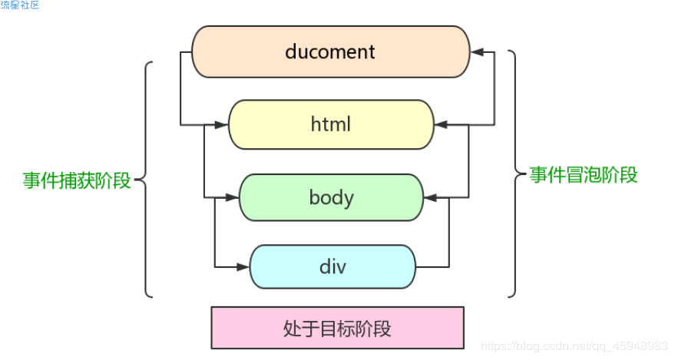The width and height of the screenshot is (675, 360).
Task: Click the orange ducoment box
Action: coord(331,51)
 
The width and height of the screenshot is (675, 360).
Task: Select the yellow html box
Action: coord(331,124)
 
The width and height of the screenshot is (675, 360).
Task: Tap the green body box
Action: coord(331,197)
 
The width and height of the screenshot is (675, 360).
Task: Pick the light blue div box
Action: coord(333,266)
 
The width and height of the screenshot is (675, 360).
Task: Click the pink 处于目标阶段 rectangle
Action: coord(338,328)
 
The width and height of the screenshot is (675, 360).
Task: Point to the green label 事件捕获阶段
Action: coord(77,180)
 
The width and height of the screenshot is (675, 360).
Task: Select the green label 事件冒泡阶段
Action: coord(584,175)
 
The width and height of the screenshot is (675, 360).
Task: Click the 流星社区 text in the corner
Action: coord(20,5)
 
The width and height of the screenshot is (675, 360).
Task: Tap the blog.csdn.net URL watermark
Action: coord(574,346)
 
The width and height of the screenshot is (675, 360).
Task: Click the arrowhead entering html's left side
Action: coord(221,125)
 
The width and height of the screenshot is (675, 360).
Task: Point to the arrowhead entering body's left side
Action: coord(232,197)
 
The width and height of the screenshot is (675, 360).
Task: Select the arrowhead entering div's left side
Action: coord(243,267)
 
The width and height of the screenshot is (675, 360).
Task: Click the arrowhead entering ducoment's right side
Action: coord(477,52)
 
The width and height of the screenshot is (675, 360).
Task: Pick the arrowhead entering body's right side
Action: coord(431,197)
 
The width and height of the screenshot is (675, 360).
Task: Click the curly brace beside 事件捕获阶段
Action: coord(145,180)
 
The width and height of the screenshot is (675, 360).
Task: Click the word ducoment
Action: coord(329,51)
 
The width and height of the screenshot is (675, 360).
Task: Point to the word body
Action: coord(332,198)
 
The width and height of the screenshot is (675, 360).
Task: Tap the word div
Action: coord(333,266)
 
